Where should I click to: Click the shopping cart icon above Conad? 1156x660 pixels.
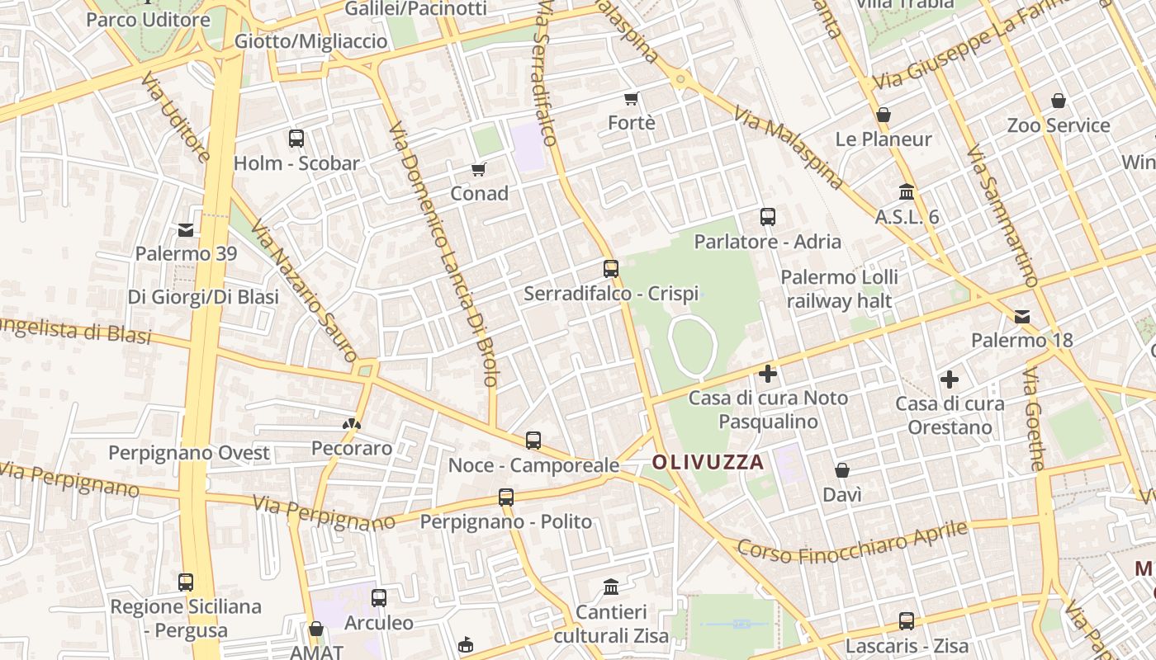(x=479, y=170)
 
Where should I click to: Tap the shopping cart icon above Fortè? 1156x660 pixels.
(x=632, y=99)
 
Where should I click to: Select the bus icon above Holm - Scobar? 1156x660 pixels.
(x=296, y=139)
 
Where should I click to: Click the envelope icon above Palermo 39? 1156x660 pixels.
(x=186, y=230)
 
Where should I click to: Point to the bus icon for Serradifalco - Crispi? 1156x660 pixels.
(x=611, y=269)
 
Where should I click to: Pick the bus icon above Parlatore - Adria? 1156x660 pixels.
(x=768, y=217)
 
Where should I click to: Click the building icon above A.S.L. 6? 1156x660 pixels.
(x=907, y=192)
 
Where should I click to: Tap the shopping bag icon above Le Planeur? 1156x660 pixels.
(x=884, y=115)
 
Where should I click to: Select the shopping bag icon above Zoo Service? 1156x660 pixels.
(x=1059, y=101)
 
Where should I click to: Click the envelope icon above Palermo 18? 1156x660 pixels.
(x=1022, y=317)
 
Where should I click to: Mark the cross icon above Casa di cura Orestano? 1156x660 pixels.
(x=950, y=379)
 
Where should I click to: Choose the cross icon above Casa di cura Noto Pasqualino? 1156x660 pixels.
(x=768, y=374)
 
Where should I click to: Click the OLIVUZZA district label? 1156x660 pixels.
(x=708, y=462)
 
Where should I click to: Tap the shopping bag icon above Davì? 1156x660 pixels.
(x=842, y=471)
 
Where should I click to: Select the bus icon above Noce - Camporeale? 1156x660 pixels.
(x=533, y=441)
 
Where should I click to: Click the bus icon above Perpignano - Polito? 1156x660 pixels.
(x=506, y=497)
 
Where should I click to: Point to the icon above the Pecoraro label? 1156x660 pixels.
(x=351, y=425)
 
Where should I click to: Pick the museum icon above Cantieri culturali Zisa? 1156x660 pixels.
(x=611, y=587)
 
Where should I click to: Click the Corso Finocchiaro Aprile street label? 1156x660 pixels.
(x=851, y=541)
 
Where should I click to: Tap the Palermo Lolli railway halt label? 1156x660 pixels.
(x=839, y=289)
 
